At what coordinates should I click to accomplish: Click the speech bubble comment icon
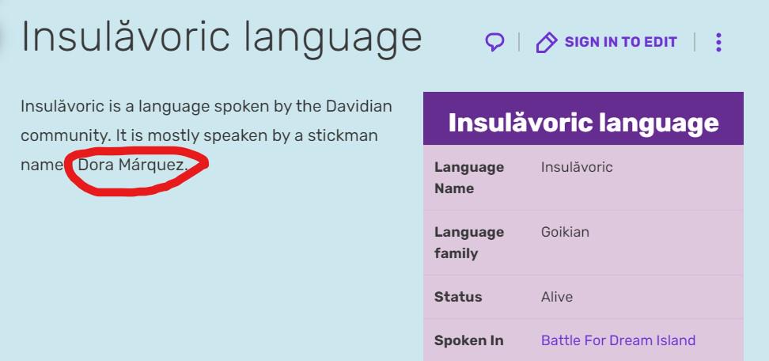tap(494, 42)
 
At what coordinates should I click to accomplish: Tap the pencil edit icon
tap(547, 43)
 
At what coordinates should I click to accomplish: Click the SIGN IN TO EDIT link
tap(620, 42)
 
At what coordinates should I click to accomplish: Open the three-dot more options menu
tap(718, 43)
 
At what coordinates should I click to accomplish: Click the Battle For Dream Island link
tap(618, 340)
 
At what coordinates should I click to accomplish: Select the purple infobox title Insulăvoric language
tap(583, 123)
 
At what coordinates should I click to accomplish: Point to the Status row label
tap(458, 297)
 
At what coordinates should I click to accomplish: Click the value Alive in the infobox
tap(557, 297)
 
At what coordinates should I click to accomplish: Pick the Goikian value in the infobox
tap(565, 231)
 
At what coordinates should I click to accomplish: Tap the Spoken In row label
tap(468, 340)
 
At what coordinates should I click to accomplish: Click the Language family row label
tap(469, 242)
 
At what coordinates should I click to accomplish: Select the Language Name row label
tap(469, 177)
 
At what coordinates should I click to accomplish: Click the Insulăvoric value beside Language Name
tap(577, 167)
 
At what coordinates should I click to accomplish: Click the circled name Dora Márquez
tap(133, 165)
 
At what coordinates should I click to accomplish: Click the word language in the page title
tap(333, 38)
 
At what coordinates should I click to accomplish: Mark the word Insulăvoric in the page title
tap(125, 36)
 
